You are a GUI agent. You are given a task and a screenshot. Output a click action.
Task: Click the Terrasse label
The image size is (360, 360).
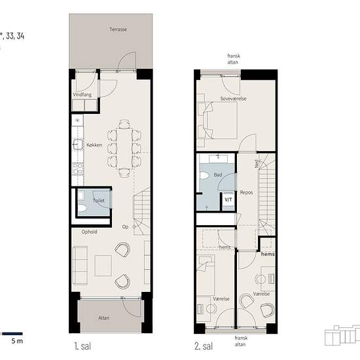coord(118,29)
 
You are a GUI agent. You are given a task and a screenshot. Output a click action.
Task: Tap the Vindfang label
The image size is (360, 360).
coord(82,95)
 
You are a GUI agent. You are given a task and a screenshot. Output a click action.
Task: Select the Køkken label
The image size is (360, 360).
coord(94,145)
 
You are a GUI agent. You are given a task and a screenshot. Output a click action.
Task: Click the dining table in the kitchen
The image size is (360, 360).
coord(124,149)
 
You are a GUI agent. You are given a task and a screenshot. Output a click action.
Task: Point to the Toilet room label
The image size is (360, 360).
coord(98,200)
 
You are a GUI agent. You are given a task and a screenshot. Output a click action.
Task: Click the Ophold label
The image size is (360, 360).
coord(89,232)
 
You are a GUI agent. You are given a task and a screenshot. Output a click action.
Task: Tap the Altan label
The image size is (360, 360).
coord(104,318)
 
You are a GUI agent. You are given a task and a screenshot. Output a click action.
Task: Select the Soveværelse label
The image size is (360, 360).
coord(233,99)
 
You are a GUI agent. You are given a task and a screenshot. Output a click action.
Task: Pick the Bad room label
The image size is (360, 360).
coord(218,175)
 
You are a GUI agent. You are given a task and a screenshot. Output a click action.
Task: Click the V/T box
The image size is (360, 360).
coord(228,200)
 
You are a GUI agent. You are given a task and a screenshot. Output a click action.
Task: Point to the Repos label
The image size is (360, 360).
coord(246,192)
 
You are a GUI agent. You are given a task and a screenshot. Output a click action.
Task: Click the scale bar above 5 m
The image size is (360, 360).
coord(12,334)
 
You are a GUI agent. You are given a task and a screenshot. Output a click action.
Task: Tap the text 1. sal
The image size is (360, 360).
coord(82,346)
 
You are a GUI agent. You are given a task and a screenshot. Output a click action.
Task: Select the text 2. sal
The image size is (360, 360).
coord(204,346)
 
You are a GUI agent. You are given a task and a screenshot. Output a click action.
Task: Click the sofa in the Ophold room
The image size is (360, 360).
coord(80,266)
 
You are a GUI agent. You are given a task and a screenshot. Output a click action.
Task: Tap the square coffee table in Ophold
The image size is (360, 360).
coord(103,266)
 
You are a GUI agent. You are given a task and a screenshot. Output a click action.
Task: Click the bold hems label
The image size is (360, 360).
coord(268,254)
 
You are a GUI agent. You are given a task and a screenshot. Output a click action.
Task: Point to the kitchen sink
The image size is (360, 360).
coord(78,144)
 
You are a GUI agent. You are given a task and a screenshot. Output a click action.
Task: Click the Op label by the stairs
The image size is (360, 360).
coord(125,227)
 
